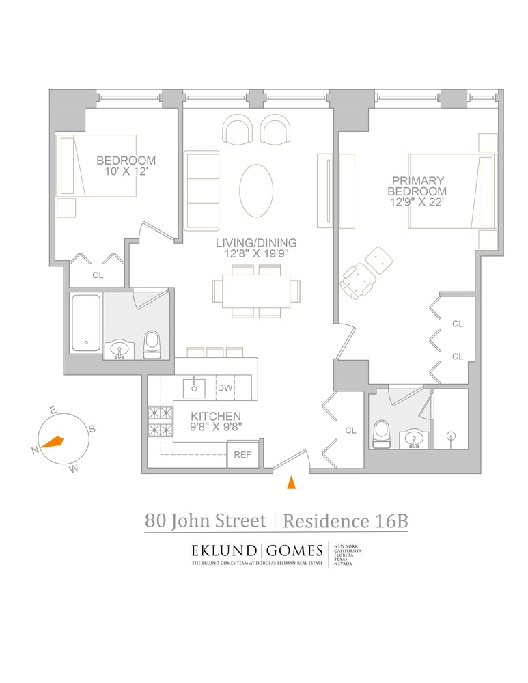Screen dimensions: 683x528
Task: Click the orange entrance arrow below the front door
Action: [x=291, y=482]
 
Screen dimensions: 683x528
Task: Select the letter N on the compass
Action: [x=34, y=450]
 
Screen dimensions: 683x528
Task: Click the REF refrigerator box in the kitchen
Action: [x=242, y=454]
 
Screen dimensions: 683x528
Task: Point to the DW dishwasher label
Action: [x=225, y=388]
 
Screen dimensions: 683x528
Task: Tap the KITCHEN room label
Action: [x=215, y=416]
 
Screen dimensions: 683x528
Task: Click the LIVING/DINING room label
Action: [x=256, y=242]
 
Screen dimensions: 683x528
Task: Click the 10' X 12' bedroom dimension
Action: [x=126, y=172]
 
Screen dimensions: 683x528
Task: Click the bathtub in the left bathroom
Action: [x=86, y=323]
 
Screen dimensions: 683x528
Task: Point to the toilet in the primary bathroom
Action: [x=381, y=433]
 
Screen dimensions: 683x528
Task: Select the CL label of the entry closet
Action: [x=350, y=430]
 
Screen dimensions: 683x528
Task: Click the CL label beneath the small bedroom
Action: [x=97, y=275]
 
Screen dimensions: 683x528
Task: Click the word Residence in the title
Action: [x=324, y=521]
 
